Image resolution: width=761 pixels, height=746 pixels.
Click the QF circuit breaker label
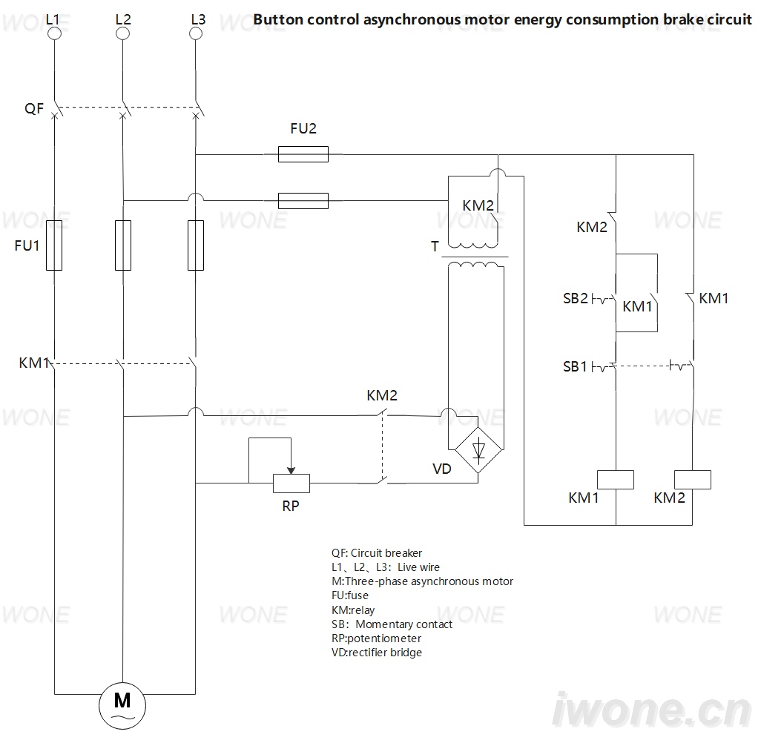34,108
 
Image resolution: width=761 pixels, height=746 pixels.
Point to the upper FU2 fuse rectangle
303,154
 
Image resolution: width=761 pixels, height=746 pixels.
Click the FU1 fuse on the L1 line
54,245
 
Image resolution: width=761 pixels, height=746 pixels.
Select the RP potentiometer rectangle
291,483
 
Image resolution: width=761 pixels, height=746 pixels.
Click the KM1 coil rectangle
616,480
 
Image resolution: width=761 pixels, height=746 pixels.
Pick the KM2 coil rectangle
693,480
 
